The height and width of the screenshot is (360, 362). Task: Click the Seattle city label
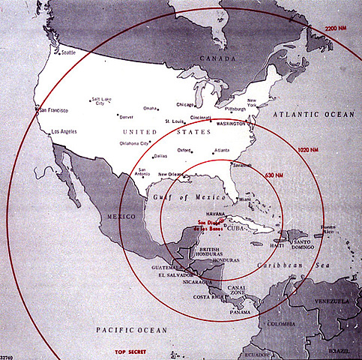(68, 52)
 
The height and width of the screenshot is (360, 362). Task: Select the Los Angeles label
(64, 133)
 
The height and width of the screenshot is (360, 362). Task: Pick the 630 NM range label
(274, 175)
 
